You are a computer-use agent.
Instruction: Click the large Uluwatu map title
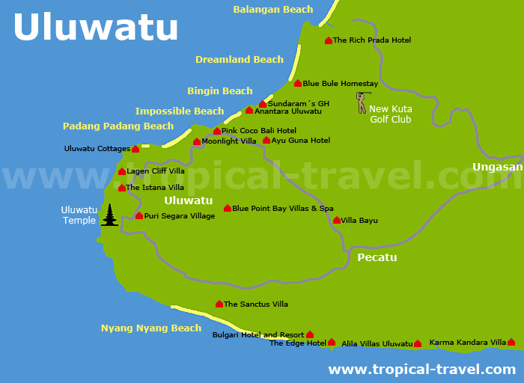[x=96, y=28]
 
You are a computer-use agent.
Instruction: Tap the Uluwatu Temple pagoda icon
[x=110, y=215]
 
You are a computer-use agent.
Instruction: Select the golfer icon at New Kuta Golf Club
[x=362, y=102]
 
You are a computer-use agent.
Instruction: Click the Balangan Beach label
[x=272, y=10]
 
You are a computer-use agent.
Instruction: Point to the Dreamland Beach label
[x=240, y=60]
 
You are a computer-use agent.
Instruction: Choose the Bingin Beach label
[x=219, y=91]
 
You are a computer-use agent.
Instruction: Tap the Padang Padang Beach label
[x=118, y=126]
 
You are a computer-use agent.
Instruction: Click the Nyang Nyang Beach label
[x=151, y=328]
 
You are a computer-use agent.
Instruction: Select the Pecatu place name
[x=377, y=257]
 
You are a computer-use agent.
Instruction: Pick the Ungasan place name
[x=497, y=167]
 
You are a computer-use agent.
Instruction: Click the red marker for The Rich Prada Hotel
[x=329, y=40]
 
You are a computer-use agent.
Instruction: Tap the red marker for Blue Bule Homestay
[x=298, y=84]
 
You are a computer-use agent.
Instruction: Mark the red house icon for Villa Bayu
[x=337, y=221]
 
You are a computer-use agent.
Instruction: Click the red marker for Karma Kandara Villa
[x=511, y=343]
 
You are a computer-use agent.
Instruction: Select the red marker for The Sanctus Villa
[x=219, y=304]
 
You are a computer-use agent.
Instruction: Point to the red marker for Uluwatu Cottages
[x=135, y=149]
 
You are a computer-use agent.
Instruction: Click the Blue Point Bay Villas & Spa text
[x=283, y=209]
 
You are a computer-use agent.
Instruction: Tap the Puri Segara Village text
[x=180, y=216]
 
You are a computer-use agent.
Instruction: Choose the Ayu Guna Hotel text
[x=300, y=141]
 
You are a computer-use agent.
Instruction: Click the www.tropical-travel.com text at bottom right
[x=421, y=370]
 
